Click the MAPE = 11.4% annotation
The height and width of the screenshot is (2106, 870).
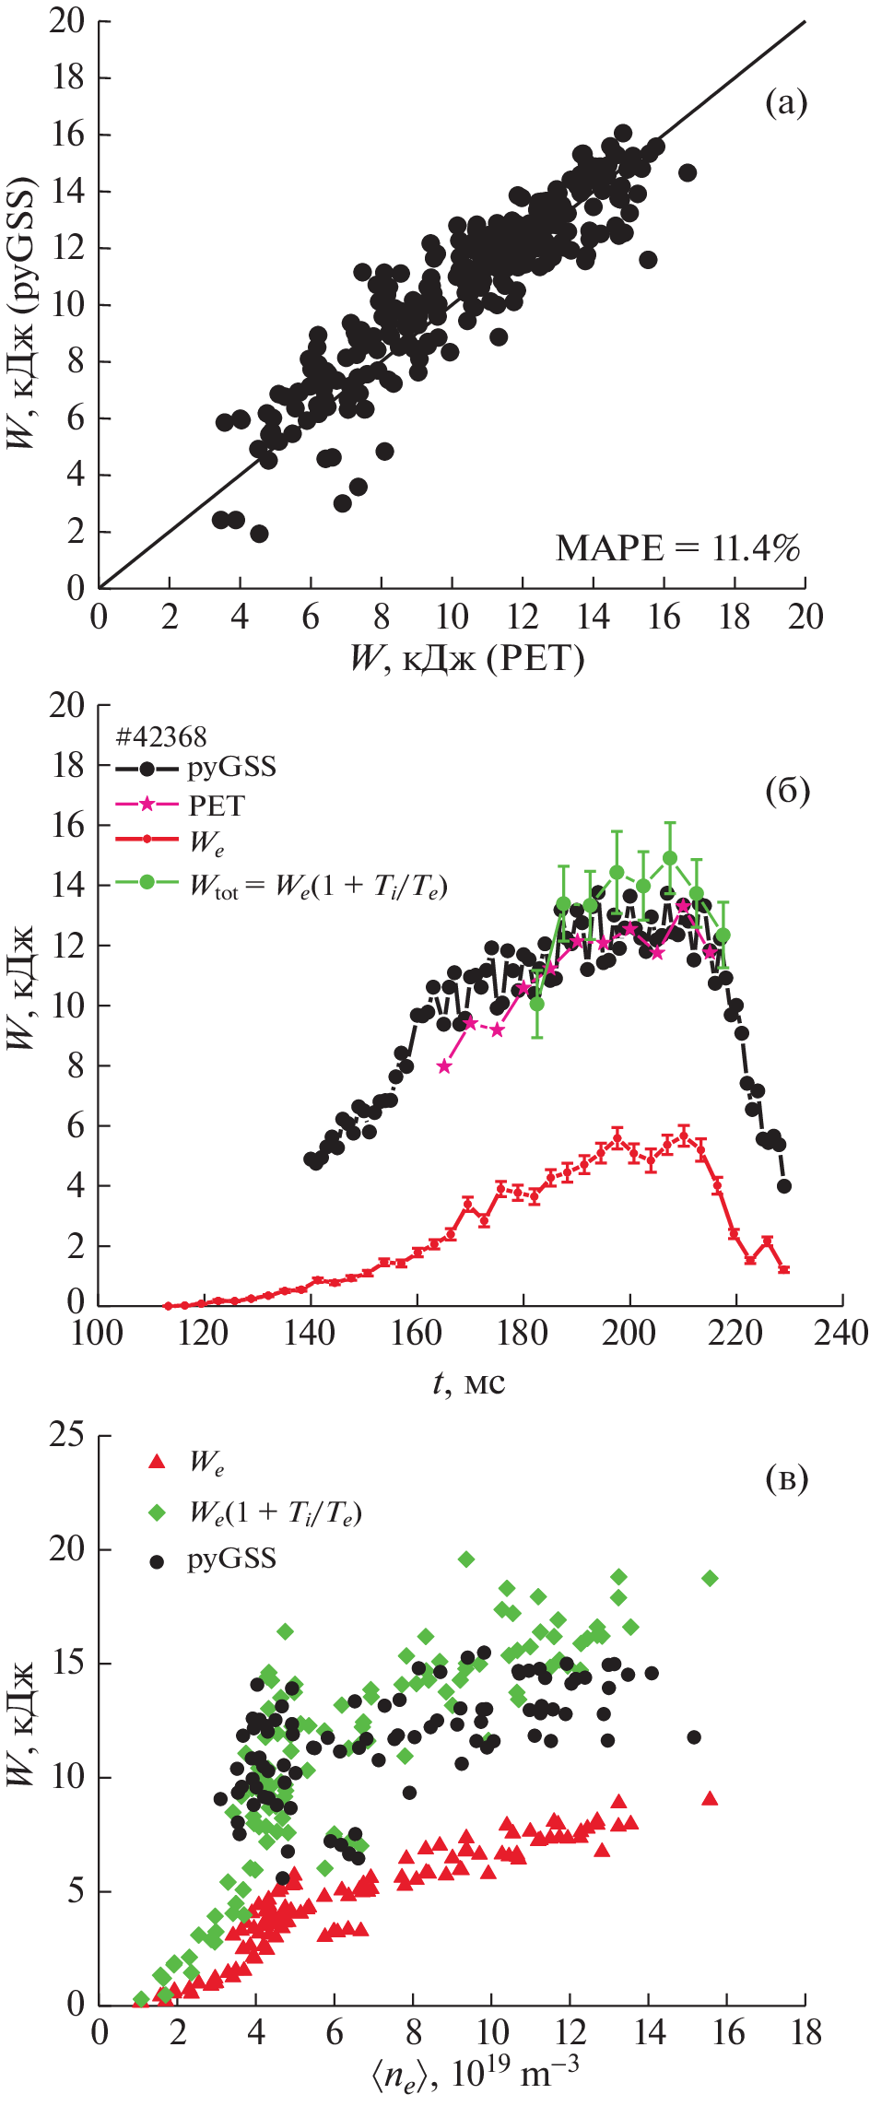[x=677, y=548]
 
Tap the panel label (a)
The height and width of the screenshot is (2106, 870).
[x=786, y=103]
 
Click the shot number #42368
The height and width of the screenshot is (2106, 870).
[x=161, y=736]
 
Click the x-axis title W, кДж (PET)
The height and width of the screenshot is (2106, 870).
[x=466, y=658]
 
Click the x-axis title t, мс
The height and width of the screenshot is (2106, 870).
[x=469, y=1382]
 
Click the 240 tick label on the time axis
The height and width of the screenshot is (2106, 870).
[x=841, y=1333]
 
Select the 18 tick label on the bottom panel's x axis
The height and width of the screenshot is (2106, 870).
[x=805, y=2033]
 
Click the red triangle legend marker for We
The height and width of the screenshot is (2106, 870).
[x=158, y=1462]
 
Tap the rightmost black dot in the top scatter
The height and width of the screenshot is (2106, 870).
[x=687, y=172]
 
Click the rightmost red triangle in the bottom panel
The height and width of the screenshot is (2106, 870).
[x=710, y=1797]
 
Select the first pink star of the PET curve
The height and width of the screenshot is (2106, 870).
[x=444, y=1066]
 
